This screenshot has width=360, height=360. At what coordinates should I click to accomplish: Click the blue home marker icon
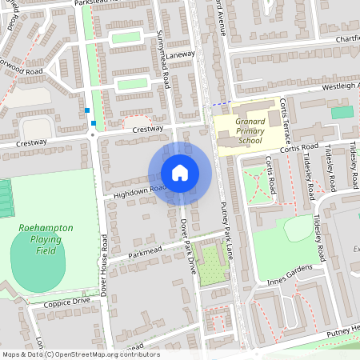tap(180, 173)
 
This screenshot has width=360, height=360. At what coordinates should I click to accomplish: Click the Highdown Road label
tap(138, 190)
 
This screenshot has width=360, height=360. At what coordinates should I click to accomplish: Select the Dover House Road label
tap(104, 264)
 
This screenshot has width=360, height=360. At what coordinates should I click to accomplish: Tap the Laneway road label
tap(181, 55)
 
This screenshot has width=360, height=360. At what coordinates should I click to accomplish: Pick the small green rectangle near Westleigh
tap(342, 112)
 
